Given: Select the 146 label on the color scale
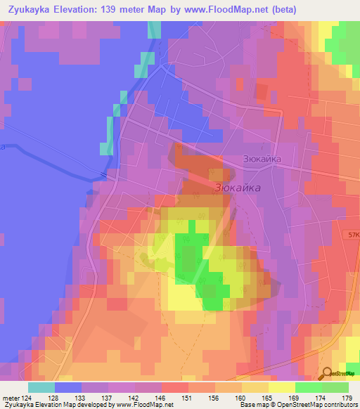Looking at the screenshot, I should click(160, 398).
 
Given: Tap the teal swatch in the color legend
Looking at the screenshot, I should click(41, 387).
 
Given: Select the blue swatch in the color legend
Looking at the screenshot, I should click(68, 387).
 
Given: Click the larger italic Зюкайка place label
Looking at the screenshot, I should click(236, 188).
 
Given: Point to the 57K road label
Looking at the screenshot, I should click(352, 235).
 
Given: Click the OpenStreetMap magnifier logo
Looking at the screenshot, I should click(328, 374).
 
